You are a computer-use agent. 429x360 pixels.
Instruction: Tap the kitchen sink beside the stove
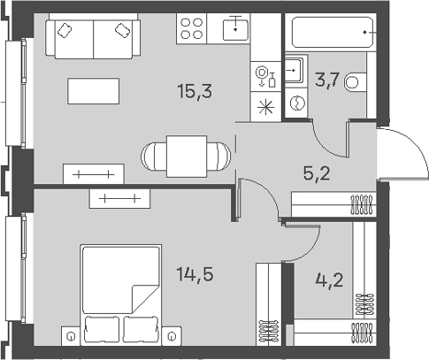234,27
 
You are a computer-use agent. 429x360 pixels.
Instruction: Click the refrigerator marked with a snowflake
264,104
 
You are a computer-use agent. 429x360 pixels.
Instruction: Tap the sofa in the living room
93,37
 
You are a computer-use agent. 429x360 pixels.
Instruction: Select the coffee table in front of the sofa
93,90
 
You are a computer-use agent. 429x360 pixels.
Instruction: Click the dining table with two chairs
188,155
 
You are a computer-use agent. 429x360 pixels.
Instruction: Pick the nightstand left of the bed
71,336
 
